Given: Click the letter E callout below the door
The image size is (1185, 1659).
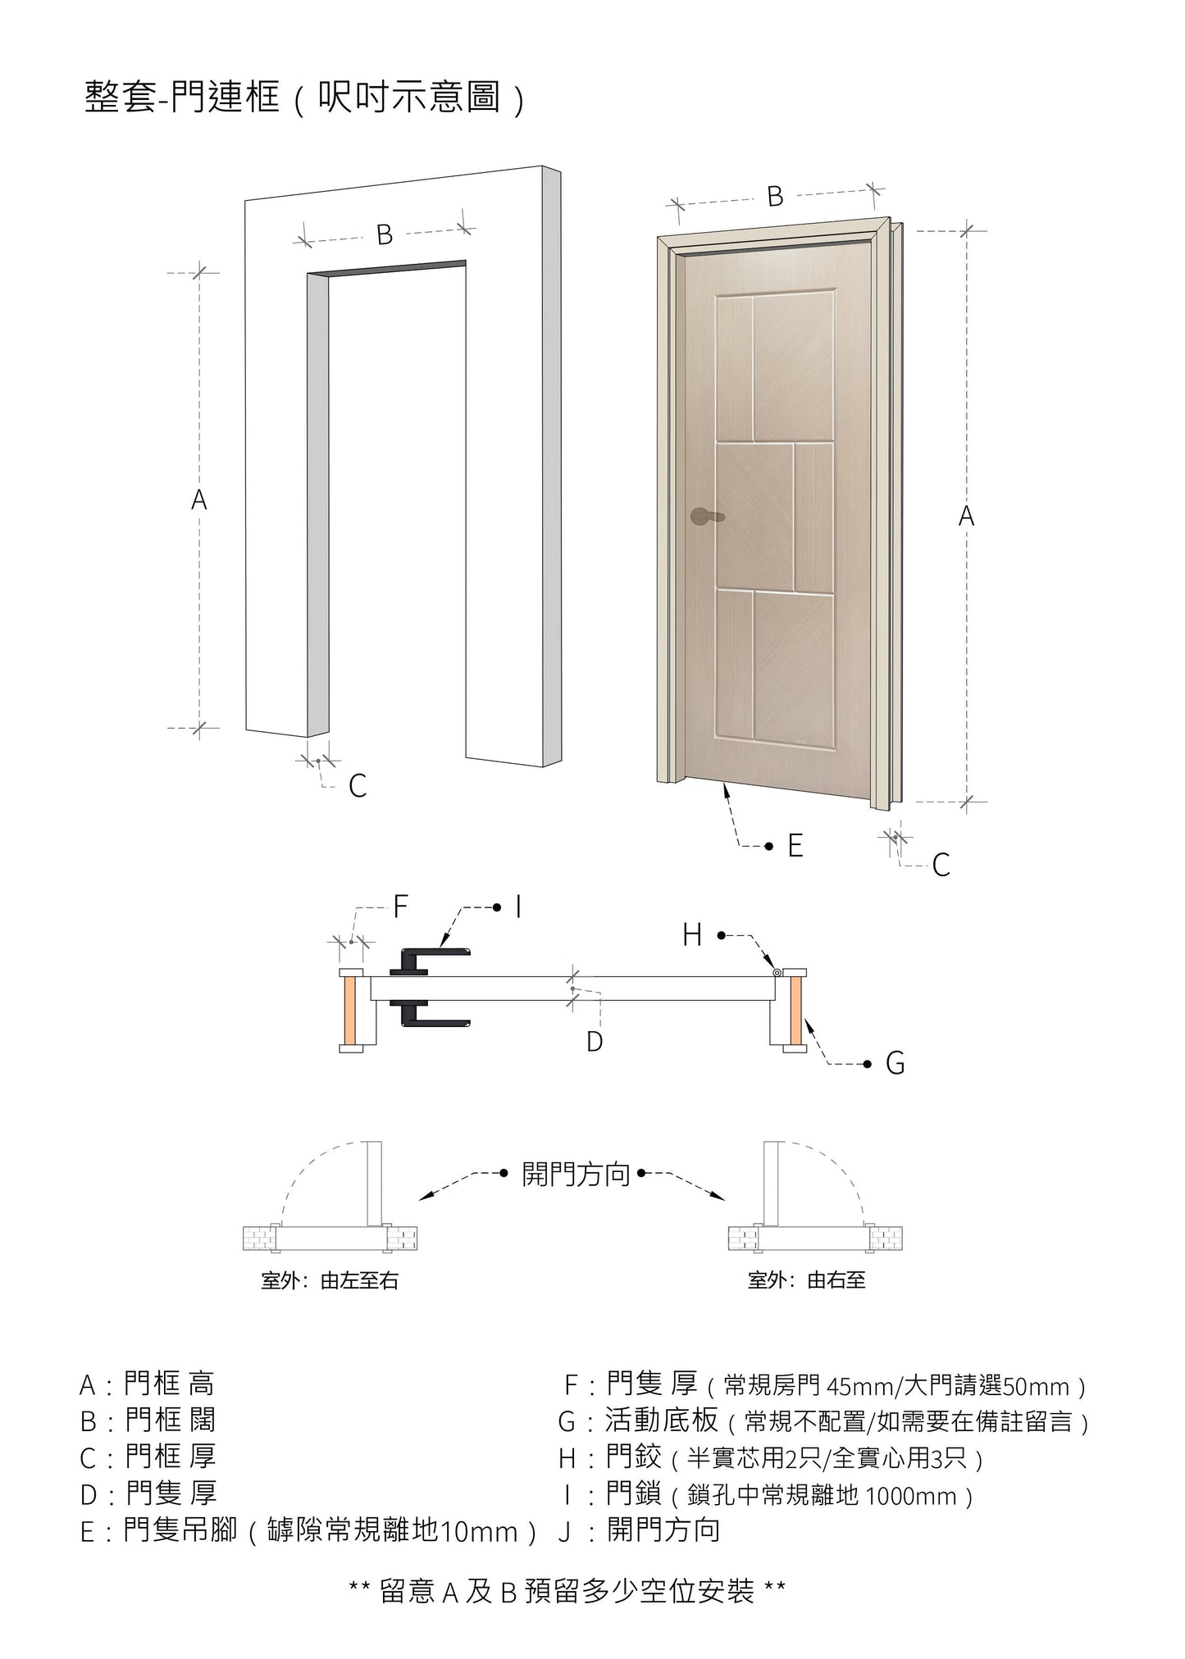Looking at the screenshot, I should coord(795,846).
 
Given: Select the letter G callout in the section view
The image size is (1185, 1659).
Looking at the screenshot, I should coord(895,1064).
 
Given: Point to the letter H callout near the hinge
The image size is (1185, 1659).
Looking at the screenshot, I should coord(692,934).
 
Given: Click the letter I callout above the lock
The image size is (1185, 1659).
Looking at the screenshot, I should coord(518,907).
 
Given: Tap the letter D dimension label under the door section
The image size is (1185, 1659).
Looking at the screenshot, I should coord(595,1042).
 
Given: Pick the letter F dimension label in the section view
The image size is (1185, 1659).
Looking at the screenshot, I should coord(400,907).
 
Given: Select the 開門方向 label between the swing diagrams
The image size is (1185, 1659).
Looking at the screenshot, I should coord(576,1175).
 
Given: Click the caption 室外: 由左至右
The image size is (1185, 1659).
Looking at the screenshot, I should coord(330,1280).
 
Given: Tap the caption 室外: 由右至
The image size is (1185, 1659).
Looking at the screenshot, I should coord(806,1280).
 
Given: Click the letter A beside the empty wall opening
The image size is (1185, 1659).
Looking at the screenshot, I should coord(199,500).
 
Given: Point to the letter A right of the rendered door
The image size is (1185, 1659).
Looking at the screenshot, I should coord(966,516).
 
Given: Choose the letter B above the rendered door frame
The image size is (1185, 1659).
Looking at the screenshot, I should coord(775,197).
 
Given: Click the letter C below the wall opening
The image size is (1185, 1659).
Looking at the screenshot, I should coord(358,786).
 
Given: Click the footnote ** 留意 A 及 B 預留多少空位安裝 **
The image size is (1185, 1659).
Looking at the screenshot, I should coord(567,1592).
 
